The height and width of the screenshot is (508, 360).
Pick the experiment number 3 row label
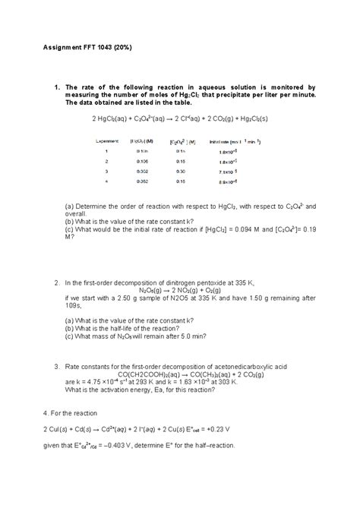pyautogui.click(x=106, y=172)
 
